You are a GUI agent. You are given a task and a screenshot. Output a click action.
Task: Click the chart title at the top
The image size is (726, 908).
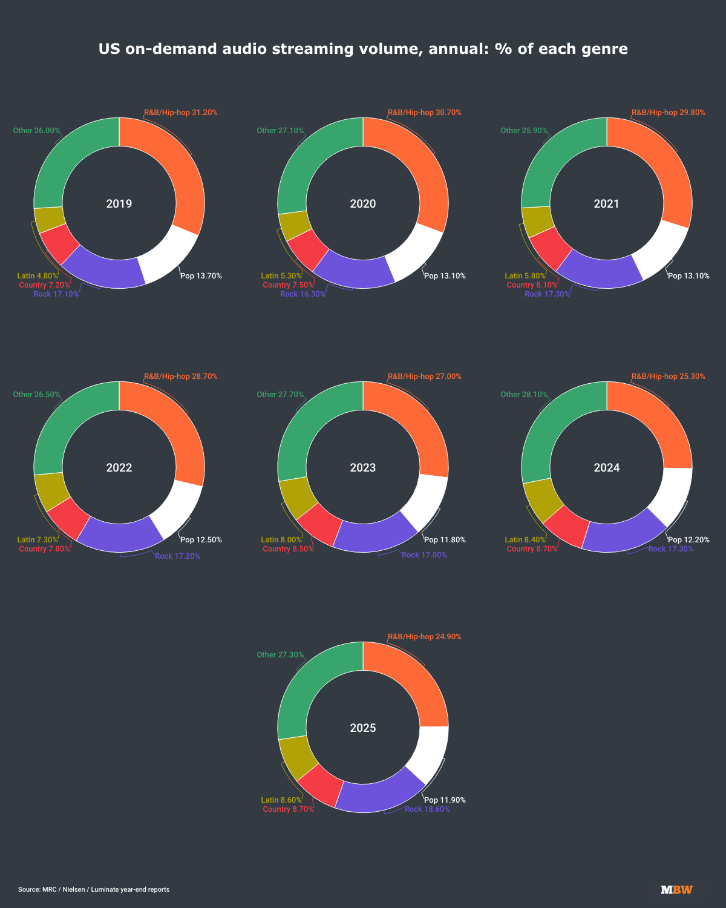click(363, 48)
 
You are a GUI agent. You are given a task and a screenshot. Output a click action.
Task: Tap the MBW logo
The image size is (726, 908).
click(676, 889)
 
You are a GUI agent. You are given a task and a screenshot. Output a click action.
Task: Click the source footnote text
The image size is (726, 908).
click(94, 889)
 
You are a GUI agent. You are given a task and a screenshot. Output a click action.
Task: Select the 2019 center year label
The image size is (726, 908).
click(119, 203)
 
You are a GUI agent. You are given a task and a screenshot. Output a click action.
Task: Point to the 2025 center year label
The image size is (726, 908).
click(363, 728)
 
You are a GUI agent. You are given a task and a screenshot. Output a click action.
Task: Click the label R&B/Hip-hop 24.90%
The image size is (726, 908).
click(424, 637)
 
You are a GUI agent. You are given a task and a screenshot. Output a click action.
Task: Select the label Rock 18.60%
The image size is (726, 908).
click(427, 809)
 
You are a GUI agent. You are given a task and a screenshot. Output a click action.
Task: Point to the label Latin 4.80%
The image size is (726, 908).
click(38, 276)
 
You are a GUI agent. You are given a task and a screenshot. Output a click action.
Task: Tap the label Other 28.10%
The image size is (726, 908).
click(524, 395)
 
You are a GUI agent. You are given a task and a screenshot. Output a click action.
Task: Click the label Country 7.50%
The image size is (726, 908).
click(288, 285)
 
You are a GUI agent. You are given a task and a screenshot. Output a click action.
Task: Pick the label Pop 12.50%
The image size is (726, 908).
click(201, 540)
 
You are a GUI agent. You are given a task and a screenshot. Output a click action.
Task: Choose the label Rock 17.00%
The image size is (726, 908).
click(424, 555)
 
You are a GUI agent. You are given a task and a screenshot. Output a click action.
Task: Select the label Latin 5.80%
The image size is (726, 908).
click(525, 276)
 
